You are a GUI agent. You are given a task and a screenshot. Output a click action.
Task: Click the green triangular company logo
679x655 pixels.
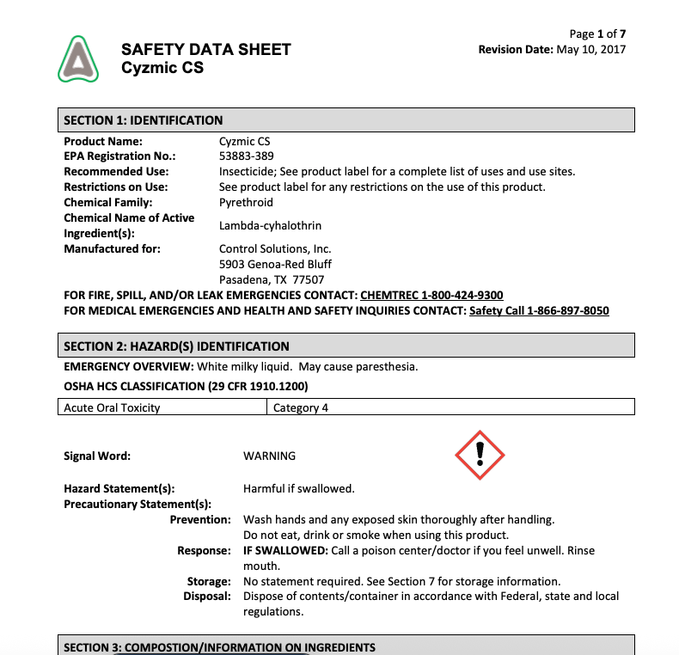78,58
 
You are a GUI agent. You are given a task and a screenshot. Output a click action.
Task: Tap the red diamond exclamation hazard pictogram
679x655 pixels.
480,455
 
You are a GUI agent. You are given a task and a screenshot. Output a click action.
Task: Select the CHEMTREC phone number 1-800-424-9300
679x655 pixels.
431,295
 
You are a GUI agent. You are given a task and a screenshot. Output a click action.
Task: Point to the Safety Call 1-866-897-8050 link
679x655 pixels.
539,310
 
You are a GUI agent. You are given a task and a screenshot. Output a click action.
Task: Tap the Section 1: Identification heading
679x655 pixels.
144,120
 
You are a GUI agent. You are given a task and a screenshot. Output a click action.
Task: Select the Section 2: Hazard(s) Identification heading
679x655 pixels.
176,346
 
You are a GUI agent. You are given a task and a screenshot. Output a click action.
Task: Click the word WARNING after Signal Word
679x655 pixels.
269,456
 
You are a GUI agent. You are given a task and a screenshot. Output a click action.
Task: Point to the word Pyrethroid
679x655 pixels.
247,203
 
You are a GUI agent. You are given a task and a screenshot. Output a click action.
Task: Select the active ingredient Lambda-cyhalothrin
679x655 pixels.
271,226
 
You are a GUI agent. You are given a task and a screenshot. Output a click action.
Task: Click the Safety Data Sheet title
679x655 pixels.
206,49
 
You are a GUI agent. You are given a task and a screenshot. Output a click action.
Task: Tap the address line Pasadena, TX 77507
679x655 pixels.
272,279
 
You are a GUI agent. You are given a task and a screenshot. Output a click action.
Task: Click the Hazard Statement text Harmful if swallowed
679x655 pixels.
299,488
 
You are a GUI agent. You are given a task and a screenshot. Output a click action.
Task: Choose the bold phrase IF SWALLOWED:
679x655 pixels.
282,550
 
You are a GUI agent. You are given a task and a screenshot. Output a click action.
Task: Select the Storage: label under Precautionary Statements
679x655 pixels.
209,581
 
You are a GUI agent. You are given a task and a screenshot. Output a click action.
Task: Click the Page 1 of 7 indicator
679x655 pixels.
597,34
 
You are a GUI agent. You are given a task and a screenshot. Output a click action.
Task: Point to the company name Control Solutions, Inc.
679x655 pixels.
275,248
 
